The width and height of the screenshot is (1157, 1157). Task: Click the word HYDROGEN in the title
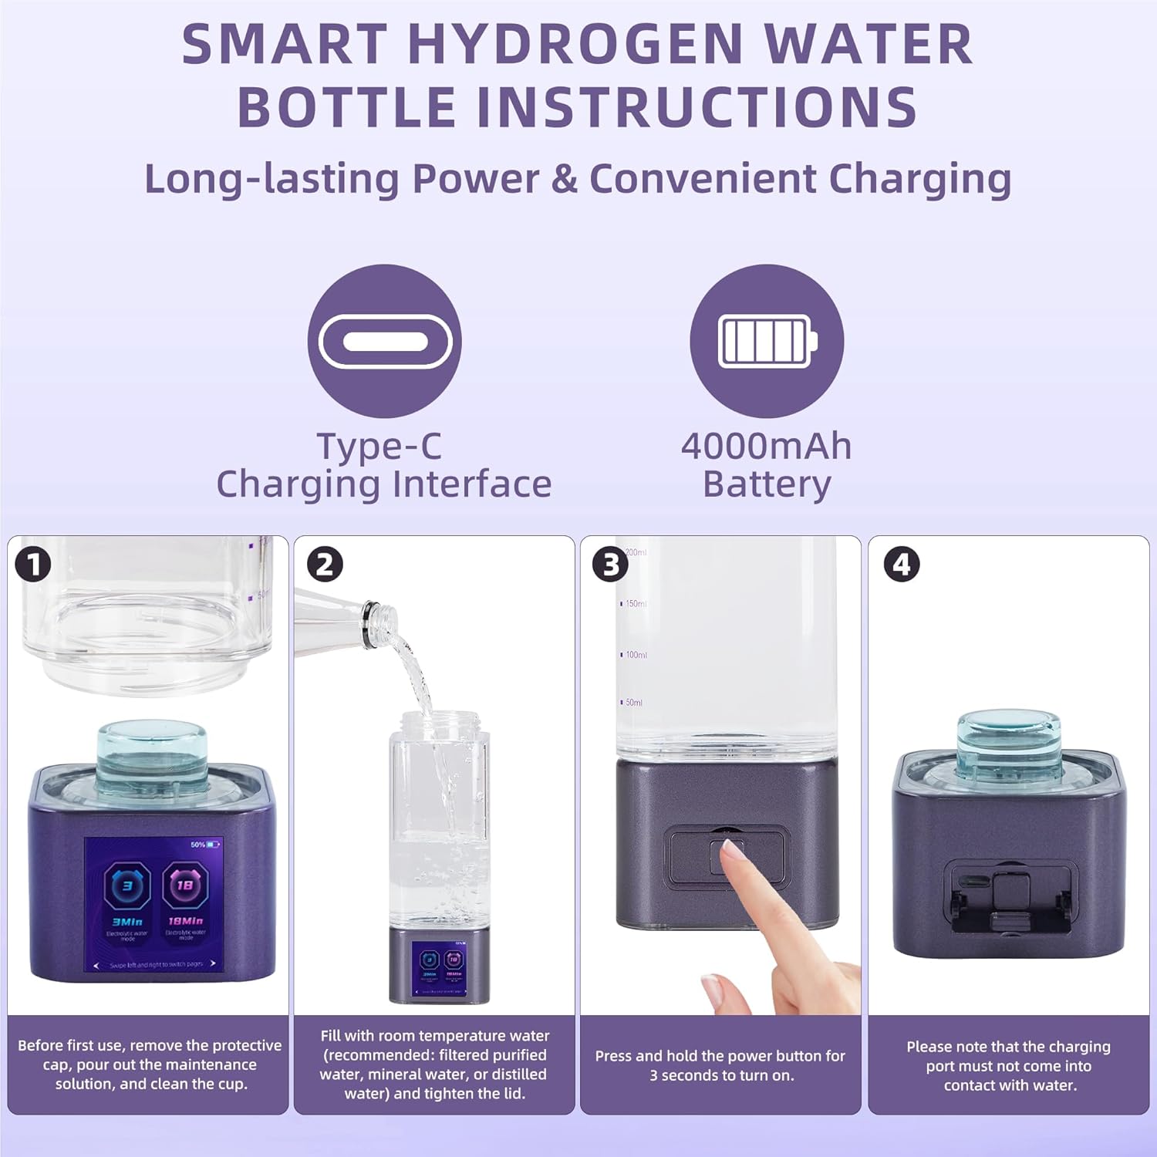coord(575,45)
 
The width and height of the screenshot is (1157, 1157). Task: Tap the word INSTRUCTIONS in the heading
coord(697,106)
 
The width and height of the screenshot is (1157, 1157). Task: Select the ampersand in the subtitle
coord(564,179)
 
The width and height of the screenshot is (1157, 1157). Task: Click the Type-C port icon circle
coord(384,341)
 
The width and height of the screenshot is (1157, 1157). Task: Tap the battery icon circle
coord(766,341)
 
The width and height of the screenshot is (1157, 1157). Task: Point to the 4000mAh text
coord(766,446)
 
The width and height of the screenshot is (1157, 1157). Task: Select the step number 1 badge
coord(33,565)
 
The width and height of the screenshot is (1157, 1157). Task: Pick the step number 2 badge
coord(325,565)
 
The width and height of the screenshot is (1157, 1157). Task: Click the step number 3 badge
coord(610,565)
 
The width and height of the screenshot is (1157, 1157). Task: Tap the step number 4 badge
coord(901,565)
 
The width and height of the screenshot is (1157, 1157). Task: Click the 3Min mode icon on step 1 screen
coord(127,887)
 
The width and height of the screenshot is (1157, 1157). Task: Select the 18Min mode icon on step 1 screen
coord(185,887)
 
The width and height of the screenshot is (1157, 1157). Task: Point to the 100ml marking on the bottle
coord(636,655)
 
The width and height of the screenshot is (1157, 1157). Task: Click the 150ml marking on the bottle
coord(636,604)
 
